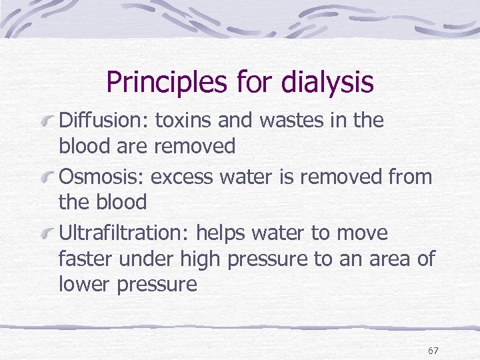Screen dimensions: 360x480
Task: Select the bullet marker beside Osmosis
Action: pos(48,177)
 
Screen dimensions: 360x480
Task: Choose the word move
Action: pos(363,233)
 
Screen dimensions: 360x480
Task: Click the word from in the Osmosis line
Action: pos(407,177)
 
